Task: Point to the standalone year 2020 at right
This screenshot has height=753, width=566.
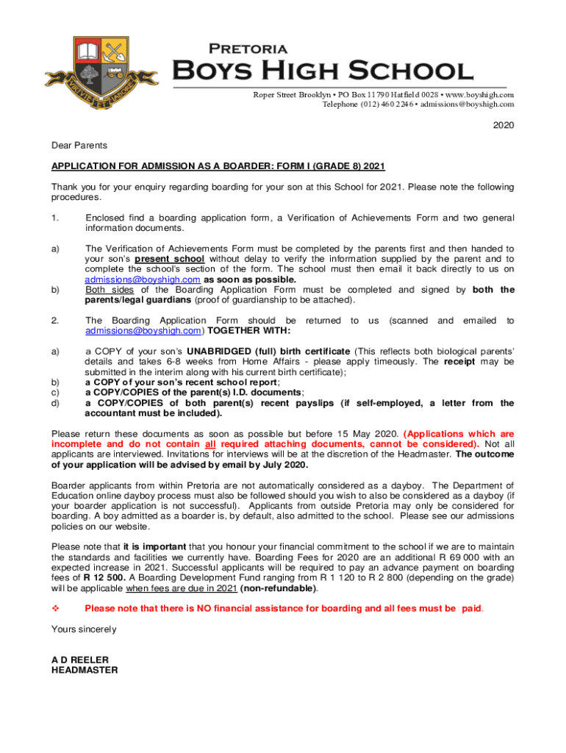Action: click(x=504, y=125)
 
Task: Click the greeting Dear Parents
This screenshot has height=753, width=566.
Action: click(x=79, y=146)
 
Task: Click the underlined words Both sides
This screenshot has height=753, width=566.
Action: click(x=110, y=290)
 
